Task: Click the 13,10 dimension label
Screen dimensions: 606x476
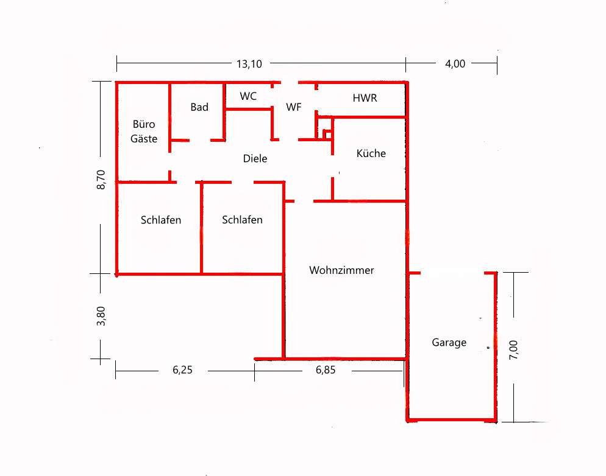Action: click(249, 64)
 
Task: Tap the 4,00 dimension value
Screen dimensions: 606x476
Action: click(455, 64)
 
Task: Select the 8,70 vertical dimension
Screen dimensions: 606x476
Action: click(101, 180)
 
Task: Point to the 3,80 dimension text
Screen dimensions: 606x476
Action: click(101, 316)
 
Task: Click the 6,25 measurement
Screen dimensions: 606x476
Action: click(182, 370)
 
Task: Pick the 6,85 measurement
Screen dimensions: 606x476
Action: click(326, 370)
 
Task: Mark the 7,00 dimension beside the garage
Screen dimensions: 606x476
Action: click(513, 350)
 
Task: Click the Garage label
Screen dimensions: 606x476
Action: click(449, 343)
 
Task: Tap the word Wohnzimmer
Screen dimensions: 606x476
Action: click(341, 270)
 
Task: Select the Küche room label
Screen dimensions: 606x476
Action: click(371, 153)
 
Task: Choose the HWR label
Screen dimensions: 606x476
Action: click(365, 98)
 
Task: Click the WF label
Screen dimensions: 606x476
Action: click(294, 107)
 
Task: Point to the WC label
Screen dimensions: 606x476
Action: click(248, 96)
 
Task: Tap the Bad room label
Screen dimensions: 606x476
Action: click(199, 107)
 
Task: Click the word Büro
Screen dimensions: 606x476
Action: click(144, 124)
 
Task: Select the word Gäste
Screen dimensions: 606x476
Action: click(144, 139)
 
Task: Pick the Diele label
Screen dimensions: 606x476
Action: click(255, 158)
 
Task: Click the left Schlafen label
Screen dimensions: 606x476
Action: click(161, 220)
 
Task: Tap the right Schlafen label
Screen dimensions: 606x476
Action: click(242, 220)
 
